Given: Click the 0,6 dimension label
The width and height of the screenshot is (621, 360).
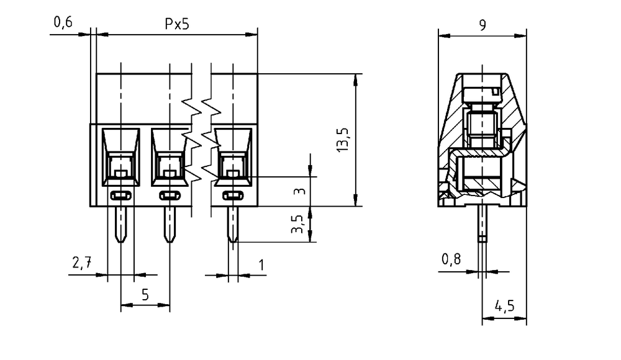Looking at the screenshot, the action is [63, 22].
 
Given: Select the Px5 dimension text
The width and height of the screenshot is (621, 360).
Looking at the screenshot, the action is [177, 24].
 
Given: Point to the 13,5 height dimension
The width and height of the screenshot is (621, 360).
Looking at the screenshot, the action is [343, 140].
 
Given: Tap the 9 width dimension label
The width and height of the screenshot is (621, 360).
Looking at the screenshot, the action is [483, 25].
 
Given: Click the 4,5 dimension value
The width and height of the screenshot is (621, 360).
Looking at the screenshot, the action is [504, 306].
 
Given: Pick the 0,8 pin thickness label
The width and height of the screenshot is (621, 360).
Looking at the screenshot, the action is [451, 259].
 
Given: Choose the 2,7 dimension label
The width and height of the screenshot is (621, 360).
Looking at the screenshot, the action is [82, 263].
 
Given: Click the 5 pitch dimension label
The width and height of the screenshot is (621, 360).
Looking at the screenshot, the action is [145, 295].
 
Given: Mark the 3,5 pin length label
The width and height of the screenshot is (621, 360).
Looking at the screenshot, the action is [297, 224].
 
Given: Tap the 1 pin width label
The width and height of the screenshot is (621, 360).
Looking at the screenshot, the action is [261, 264].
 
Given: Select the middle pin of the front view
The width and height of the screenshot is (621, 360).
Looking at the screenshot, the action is [170, 224].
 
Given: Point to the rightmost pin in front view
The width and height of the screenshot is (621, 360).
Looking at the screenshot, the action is [233, 224].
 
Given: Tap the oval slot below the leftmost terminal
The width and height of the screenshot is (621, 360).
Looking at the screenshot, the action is [121, 196].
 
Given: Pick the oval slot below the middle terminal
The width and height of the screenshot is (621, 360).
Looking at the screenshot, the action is [170, 196].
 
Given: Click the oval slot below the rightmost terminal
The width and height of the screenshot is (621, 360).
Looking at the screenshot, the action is [233, 196].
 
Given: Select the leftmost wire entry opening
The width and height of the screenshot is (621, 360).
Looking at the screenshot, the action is [121, 157].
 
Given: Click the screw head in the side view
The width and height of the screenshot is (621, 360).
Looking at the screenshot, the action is [482, 94].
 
